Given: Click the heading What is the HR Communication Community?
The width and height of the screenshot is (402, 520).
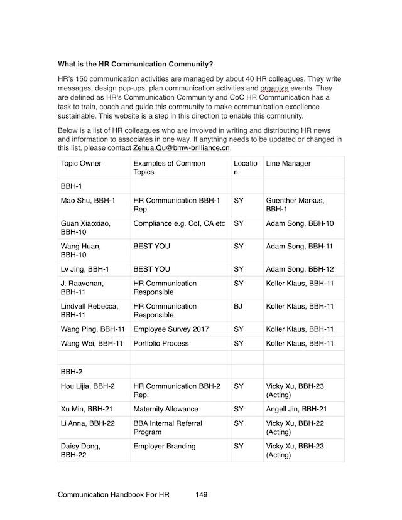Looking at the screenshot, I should tap(135, 64).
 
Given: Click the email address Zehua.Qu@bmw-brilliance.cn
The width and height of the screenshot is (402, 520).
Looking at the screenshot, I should tap(182, 148).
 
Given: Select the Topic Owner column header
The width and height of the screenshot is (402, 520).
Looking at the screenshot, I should tap(81, 164).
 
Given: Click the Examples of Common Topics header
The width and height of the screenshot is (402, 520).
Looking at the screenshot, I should tap(169, 167).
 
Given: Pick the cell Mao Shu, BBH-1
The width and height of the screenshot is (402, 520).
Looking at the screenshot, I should tap(88, 200).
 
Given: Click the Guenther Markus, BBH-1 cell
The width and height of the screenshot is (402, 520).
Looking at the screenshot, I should tap(295, 204).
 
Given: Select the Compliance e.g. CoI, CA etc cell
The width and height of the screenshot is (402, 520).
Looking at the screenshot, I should tap(179, 223).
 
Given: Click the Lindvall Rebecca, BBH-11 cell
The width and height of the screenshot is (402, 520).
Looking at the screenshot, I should tap(89, 310).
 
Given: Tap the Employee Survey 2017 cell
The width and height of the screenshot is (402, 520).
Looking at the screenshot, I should tap(171, 329).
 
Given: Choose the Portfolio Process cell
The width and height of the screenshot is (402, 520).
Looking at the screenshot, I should tap(161, 343).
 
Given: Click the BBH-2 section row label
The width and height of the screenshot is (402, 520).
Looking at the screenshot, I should tap(72, 371).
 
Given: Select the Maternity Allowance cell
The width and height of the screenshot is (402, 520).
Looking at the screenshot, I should tap(166, 409).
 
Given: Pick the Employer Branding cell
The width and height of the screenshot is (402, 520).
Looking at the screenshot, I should tap(165, 446).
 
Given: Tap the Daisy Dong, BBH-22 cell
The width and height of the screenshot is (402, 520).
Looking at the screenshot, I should tap(80, 450).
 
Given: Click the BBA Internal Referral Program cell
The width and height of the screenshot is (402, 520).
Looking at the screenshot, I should tap(168, 428).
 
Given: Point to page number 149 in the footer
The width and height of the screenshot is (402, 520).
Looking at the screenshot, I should tap(201, 494).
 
